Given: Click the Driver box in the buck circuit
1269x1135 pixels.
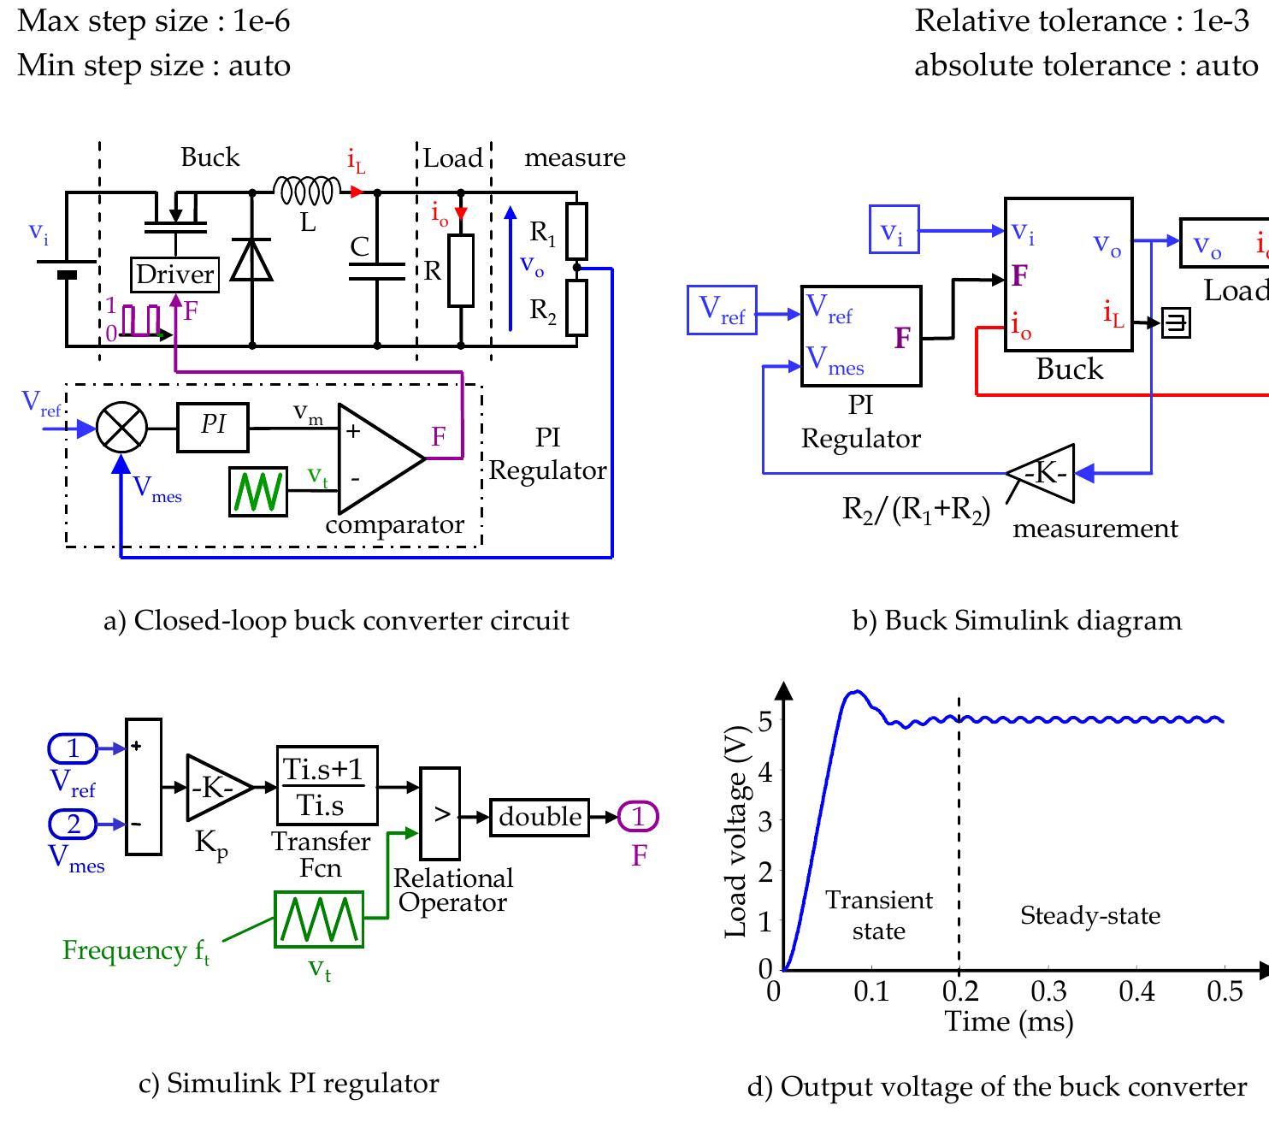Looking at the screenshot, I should point(174,275).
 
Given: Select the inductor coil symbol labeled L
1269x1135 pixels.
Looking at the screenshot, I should point(307,191).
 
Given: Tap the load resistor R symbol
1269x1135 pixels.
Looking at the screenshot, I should point(461,271).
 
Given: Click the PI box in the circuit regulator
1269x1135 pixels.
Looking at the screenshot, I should point(213,427).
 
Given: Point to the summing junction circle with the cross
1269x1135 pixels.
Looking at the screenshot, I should point(121,428).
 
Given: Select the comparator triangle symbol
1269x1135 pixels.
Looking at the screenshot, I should point(376,458).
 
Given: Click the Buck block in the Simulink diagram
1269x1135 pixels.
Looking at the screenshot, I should point(1068,274).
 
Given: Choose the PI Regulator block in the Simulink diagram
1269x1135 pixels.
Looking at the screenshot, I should point(860,336).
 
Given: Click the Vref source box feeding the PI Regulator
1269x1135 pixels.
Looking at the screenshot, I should point(722,310).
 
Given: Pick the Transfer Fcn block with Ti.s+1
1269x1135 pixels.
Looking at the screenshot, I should point(327,785).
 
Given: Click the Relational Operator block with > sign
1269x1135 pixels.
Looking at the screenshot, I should point(440,813).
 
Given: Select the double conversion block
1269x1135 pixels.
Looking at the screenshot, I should point(540,817).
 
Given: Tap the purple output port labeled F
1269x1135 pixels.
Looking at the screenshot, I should point(638,817).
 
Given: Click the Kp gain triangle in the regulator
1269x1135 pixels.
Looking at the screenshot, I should point(215,788).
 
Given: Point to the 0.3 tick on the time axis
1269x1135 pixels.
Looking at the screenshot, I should point(1048,991).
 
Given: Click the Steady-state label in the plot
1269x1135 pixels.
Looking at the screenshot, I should point(1090,916).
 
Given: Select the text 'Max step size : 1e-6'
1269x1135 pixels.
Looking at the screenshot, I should point(154,21).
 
